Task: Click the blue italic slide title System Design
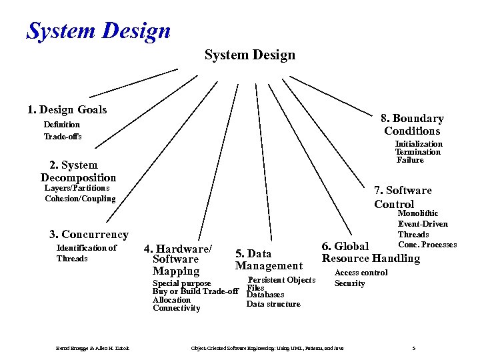coord(99,30)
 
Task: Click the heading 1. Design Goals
coord(67,109)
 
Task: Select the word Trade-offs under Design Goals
coord(63,137)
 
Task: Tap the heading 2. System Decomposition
coord(78,171)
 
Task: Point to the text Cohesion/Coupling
coord(80,199)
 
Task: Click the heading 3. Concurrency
coord(89,234)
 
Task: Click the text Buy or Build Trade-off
coord(195,291)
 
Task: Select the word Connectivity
coord(176,308)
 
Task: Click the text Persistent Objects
coord(281,280)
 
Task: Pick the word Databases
coord(265,295)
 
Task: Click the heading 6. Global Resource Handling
coord(371,253)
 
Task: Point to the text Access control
coord(361,273)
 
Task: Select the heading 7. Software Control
coord(403,197)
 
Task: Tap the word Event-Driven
coord(423,224)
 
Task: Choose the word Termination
coord(417,152)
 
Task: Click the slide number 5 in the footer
coord(414,349)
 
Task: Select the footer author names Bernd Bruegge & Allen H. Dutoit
coord(92,349)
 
